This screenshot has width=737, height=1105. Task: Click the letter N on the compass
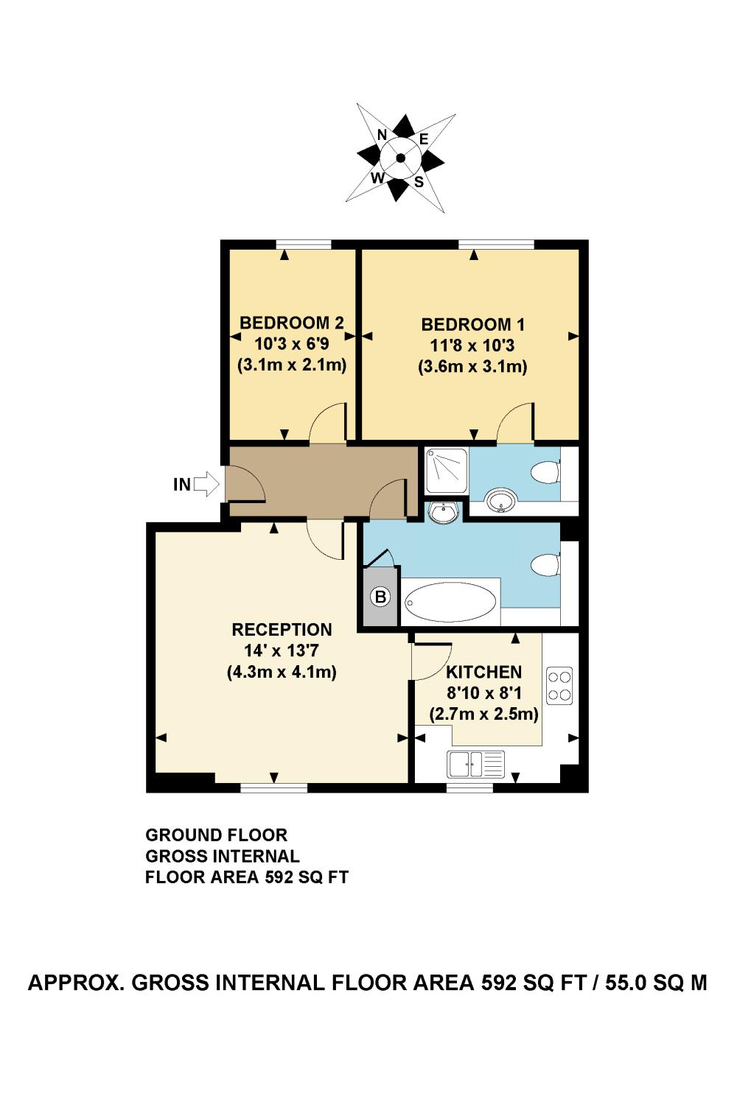tap(382, 134)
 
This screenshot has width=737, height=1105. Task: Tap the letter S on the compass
tap(419, 182)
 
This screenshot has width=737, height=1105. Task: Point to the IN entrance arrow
tap(206, 484)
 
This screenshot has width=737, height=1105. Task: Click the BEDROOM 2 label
tap(291, 323)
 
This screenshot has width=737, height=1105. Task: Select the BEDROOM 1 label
tap(472, 324)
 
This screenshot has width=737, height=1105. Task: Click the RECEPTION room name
tap(282, 629)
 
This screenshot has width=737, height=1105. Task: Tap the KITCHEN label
tap(483, 672)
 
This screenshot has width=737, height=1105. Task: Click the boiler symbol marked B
tap(380, 597)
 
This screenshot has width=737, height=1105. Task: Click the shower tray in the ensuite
tap(446, 471)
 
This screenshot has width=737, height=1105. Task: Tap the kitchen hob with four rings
tap(559, 686)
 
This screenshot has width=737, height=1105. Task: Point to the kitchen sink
tap(475, 764)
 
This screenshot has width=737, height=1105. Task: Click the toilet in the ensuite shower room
tap(546, 471)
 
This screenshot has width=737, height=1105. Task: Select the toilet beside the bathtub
tap(546, 564)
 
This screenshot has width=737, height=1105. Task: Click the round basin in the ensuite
tap(501, 501)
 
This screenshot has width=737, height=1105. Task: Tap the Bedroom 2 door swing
tap(326, 422)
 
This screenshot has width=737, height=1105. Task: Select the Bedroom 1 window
tap(497, 244)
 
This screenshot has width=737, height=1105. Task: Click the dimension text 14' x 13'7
tap(282, 650)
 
